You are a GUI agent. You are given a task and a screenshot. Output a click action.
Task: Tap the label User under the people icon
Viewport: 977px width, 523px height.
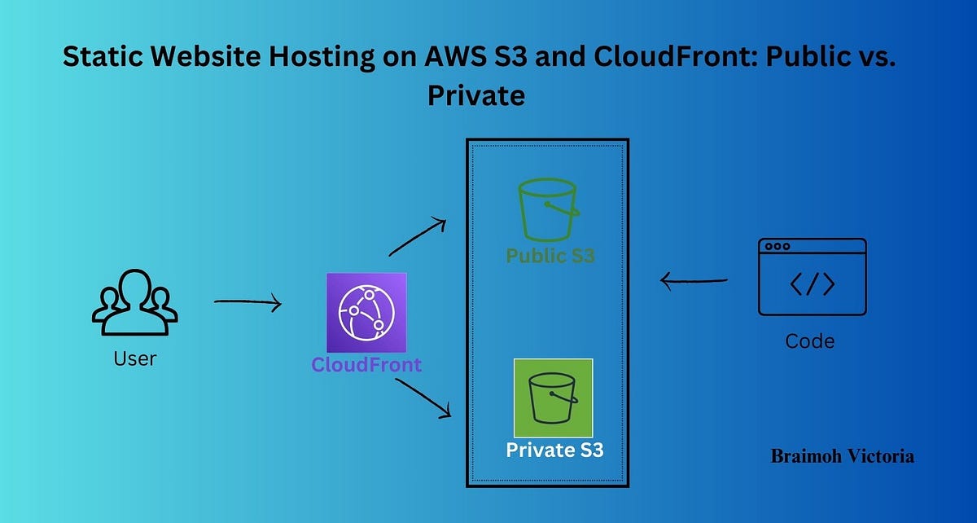pyautogui.click(x=134, y=358)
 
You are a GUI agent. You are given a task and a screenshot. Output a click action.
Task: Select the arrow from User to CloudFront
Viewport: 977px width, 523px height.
pyautogui.click(x=248, y=303)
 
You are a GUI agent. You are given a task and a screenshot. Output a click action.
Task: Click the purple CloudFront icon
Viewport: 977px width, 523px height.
pyautogui.click(x=366, y=313)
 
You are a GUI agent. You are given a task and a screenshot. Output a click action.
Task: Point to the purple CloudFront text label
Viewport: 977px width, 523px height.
pyautogui.click(x=366, y=364)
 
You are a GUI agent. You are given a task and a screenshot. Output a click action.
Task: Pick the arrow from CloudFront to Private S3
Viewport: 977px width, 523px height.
pyautogui.click(x=423, y=398)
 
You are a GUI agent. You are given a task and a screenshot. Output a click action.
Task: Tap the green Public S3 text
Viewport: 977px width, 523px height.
pyautogui.click(x=550, y=256)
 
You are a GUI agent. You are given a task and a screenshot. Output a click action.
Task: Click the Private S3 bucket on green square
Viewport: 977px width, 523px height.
pyautogui.click(x=553, y=398)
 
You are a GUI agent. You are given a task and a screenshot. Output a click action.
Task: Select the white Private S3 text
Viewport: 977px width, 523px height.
pyautogui.click(x=554, y=450)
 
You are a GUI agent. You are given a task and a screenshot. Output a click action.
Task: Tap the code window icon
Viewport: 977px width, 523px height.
pyautogui.click(x=812, y=277)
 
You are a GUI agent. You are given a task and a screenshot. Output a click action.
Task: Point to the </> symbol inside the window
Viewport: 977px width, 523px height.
pyautogui.click(x=812, y=284)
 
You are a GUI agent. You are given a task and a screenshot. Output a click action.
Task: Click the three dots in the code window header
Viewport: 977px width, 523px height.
pyautogui.click(x=778, y=246)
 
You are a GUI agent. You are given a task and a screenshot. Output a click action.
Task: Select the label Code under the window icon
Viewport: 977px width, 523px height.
pyautogui.click(x=810, y=341)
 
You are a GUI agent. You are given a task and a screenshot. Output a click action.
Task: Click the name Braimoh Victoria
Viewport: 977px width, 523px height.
pyautogui.click(x=842, y=456)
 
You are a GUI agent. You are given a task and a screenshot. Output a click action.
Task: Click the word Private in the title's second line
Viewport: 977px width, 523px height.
pyautogui.click(x=476, y=95)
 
